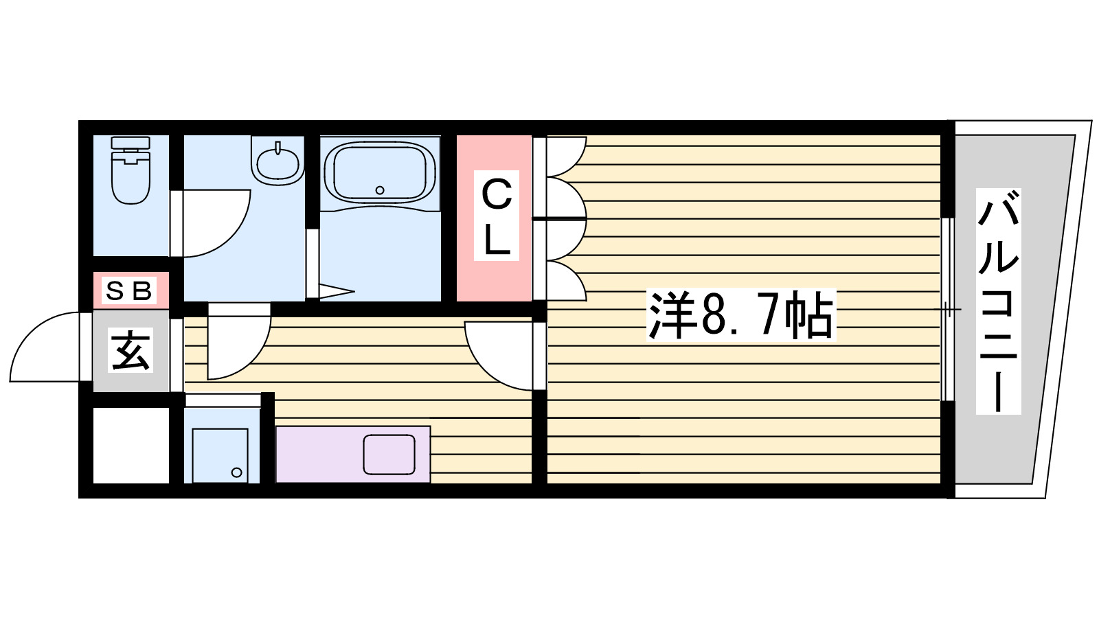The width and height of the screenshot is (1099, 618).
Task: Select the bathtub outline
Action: pyautogui.click(x=379, y=172)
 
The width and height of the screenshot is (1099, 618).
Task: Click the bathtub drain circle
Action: pyautogui.click(x=379, y=190)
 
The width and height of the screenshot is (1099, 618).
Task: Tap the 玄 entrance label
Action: pyautogui.click(x=131, y=351)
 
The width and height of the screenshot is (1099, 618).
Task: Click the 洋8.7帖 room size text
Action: pyautogui.click(x=740, y=316)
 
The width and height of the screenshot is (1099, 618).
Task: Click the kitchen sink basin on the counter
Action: pyautogui.click(x=389, y=454)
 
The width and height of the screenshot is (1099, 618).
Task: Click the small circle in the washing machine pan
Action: pyautogui.click(x=237, y=472)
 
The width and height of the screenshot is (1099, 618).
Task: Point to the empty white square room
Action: pyautogui.click(x=131, y=446)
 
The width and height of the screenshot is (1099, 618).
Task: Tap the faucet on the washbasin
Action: pyautogui.click(x=278, y=148)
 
